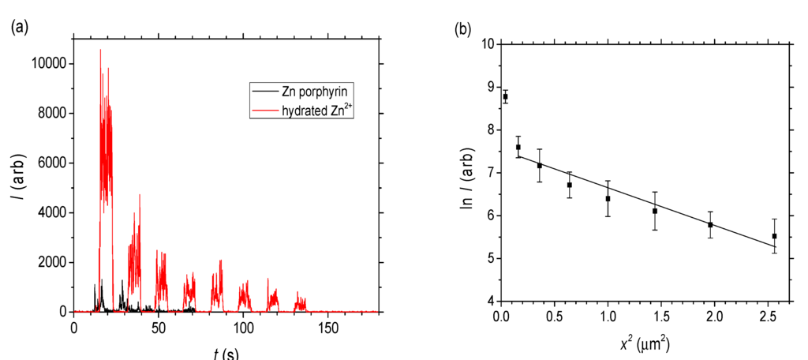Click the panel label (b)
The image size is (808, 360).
[464, 31]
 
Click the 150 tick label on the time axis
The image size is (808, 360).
[328, 326]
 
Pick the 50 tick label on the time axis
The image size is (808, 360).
[159, 326]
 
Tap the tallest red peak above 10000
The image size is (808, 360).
[100, 51]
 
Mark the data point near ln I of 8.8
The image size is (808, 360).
[506, 97]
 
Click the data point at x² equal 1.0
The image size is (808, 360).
[608, 198]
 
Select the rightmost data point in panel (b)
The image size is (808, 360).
[774, 236]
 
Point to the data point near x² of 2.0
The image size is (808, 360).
[710, 225]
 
